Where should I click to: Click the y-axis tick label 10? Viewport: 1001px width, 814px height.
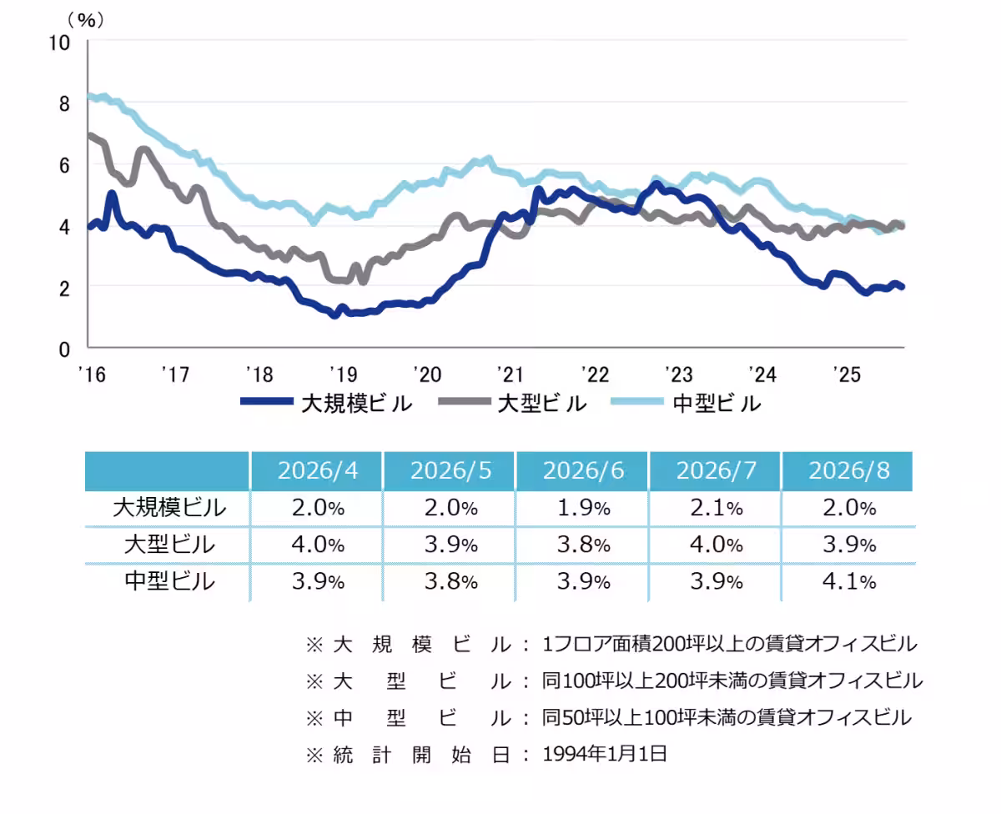tap(60, 43)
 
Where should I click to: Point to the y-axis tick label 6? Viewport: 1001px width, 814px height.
tap(64, 166)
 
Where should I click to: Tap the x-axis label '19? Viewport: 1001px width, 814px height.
tap(343, 374)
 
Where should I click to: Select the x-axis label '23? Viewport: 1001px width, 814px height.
tap(679, 374)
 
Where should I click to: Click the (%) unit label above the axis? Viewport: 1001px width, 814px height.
tap(86, 20)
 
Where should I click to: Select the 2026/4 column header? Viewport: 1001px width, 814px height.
tap(317, 470)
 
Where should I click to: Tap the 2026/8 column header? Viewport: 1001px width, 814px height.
tap(848, 470)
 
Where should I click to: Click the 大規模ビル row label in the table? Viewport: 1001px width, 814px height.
tap(169, 508)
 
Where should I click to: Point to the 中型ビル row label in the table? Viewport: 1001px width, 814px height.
tap(169, 581)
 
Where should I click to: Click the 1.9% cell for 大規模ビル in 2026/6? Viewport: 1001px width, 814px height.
tap(583, 508)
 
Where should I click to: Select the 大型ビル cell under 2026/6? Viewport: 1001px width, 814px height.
tap(583, 545)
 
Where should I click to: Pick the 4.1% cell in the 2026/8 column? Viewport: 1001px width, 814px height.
tap(848, 581)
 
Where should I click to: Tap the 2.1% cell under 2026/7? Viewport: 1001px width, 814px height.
tap(717, 508)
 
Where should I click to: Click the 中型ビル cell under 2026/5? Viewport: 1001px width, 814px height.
tap(450, 581)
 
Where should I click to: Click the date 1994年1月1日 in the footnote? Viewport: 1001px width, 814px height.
tap(605, 754)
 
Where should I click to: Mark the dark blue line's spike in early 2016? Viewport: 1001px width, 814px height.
tap(112, 193)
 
